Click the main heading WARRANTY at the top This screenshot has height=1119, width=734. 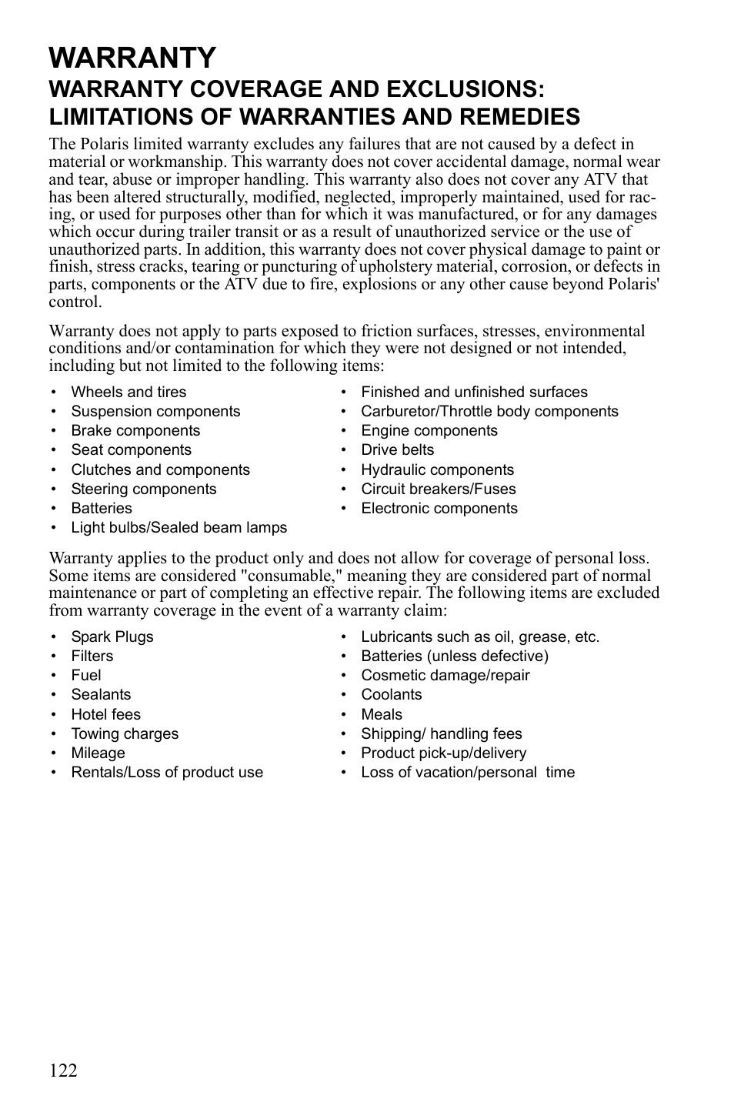click(x=132, y=58)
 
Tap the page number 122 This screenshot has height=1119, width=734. click(x=63, y=1071)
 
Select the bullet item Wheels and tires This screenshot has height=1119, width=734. click(x=128, y=392)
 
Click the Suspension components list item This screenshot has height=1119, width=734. click(x=155, y=412)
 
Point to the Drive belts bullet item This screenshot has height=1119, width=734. click(x=397, y=450)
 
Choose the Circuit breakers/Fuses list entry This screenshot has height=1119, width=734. click(x=438, y=489)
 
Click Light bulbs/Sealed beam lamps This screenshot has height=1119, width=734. click(x=178, y=528)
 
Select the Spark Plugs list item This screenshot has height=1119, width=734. click(x=112, y=637)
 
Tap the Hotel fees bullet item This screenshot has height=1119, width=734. click(x=106, y=715)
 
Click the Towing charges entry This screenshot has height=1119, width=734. click(x=125, y=734)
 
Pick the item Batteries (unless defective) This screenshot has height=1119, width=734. click(x=455, y=656)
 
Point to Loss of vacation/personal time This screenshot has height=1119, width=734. click(x=468, y=773)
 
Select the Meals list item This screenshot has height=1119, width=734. click(x=382, y=715)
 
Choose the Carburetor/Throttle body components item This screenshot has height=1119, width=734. click(x=489, y=412)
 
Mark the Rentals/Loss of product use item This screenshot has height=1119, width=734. click(x=167, y=773)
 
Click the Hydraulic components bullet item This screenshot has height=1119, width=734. click(x=437, y=470)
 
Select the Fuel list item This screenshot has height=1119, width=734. click(x=86, y=676)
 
